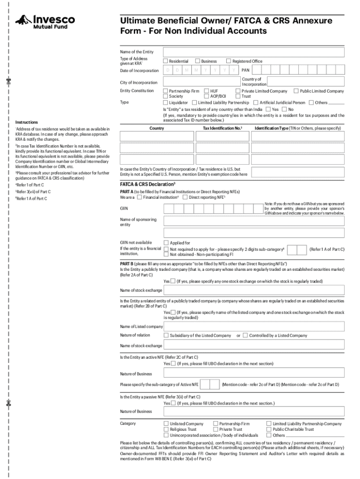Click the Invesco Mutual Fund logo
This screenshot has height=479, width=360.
[45, 22]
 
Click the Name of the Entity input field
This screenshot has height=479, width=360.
[253, 51]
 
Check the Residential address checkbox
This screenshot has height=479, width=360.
[166, 61]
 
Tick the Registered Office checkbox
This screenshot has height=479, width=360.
[229, 61]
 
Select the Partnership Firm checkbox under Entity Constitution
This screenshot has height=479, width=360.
[166, 91]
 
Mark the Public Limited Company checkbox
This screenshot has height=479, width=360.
[296, 91]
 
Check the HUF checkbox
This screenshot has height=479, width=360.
[207, 91]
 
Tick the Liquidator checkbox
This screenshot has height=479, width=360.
[166, 102]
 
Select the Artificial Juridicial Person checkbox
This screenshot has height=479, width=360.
[256, 102]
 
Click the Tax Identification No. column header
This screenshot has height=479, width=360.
[222, 128]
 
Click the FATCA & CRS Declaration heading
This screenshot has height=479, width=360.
[148, 184]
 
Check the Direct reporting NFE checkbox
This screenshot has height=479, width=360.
[185, 197]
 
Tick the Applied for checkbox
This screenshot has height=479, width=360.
[166, 243]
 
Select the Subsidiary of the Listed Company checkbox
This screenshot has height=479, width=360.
[166, 335]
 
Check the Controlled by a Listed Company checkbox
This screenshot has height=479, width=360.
[245, 335]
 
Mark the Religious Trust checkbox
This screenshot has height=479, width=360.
[166, 429]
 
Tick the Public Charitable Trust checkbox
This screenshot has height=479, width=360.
[269, 429]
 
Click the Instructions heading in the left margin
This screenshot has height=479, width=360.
[27, 122]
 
